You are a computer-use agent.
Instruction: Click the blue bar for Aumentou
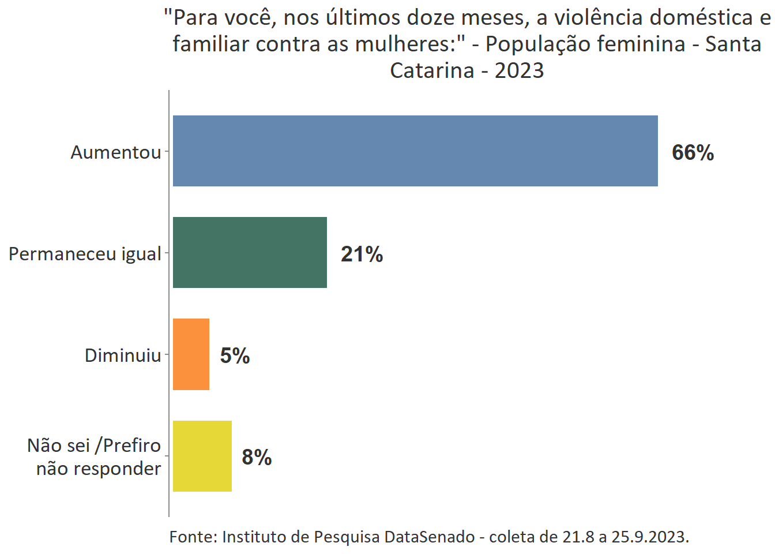(x=415, y=151)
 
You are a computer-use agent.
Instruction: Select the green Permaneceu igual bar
(x=250, y=253)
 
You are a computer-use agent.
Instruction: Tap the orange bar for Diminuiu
(x=191, y=354)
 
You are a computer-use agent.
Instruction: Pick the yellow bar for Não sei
(x=202, y=456)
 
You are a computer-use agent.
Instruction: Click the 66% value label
(x=693, y=152)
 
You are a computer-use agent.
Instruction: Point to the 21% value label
(x=362, y=254)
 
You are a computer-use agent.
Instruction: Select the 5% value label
(x=235, y=355)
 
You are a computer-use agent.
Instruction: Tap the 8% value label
(x=257, y=457)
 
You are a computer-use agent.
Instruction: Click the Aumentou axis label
(x=116, y=152)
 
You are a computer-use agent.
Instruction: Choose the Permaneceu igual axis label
(x=85, y=254)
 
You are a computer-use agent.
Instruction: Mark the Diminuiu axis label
(x=123, y=355)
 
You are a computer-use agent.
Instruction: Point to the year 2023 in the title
(x=519, y=70)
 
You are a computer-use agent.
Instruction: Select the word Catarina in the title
(x=432, y=70)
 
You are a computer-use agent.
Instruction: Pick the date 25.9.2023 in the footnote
(x=650, y=537)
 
